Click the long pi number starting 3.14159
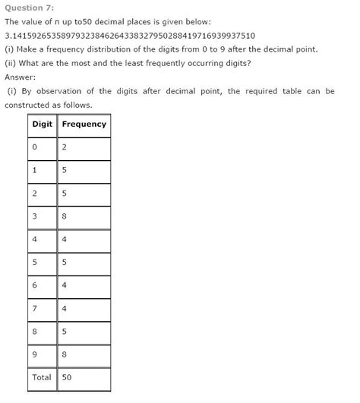[129, 36]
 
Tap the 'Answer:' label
[21, 77]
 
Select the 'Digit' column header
[42, 124]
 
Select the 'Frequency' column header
[84, 124]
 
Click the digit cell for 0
[35, 148]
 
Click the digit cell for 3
[35, 216]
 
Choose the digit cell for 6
[35, 285]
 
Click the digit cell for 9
[35, 354]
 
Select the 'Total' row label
[42, 377]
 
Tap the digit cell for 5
[35, 263]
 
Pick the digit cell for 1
[35, 171]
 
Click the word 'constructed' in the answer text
[28, 105]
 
